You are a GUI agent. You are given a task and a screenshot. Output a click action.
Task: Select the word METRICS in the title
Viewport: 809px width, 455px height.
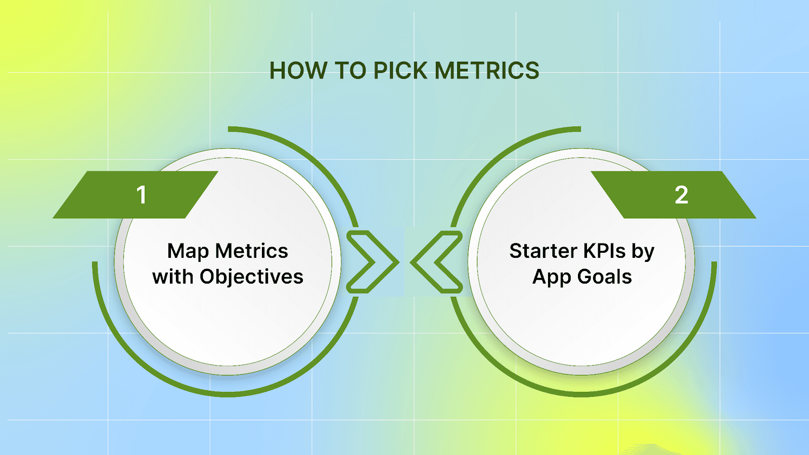tap(487, 71)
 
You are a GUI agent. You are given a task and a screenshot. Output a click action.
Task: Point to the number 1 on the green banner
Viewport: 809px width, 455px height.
tap(142, 195)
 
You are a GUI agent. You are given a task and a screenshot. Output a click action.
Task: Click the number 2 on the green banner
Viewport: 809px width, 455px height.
tap(681, 195)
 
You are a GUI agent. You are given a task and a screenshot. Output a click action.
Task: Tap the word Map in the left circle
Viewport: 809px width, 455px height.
tap(188, 251)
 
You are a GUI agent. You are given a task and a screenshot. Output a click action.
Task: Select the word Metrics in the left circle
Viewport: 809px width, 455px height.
tap(251, 251)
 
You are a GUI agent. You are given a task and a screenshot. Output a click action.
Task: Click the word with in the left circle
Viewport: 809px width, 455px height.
tap(172, 277)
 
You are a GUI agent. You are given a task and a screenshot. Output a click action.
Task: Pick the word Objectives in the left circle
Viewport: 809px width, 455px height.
tap(251, 277)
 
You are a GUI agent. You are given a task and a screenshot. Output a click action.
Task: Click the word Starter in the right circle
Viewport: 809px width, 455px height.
tap(543, 251)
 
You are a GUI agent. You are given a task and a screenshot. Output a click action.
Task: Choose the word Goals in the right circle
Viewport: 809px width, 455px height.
tap(604, 277)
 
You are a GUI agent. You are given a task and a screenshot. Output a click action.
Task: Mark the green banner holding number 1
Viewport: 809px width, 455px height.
tap(101, 195)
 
